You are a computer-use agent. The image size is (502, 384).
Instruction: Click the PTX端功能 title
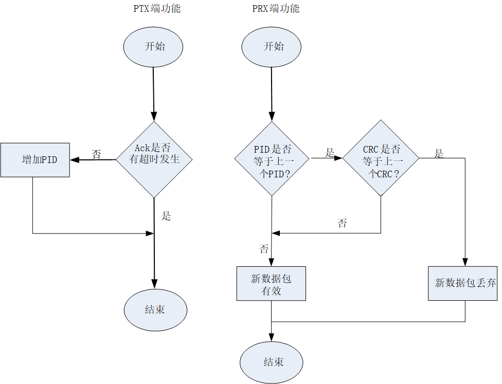(x=157, y=9)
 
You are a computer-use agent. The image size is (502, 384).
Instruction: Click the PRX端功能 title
(x=276, y=9)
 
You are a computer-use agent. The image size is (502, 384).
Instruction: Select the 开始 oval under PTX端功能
(x=153, y=47)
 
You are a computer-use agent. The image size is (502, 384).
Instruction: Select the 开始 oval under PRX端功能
(x=272, y=47)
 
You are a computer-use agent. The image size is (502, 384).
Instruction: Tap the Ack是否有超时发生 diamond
(x=154, y=159)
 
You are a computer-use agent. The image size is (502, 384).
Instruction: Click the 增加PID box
(x=35, y=160)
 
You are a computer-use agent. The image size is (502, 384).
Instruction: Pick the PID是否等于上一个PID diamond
(x=272, y=159)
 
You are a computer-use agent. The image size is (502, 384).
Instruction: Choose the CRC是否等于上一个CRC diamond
(x=381, y=158)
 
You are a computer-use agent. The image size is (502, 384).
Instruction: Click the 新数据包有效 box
(x=271, y=283)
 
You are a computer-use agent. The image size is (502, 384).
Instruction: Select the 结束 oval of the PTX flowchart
(x=155, y=310)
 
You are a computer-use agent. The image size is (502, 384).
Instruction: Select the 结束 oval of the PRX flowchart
(x=272, y=362)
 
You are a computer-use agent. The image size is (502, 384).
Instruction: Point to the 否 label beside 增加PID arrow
(x=96, y=154)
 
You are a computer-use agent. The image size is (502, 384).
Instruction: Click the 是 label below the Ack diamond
(x=166, y=216)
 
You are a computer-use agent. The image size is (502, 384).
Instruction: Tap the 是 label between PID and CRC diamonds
(x=330, y=153)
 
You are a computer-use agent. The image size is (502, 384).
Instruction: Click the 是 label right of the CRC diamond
(x=438, y=154)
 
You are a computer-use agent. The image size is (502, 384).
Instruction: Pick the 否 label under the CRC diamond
(x=342, y=223)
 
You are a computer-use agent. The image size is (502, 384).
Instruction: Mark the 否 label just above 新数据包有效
(x=264, y=249)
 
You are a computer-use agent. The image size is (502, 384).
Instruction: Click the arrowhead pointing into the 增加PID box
(x=74, y=160)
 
